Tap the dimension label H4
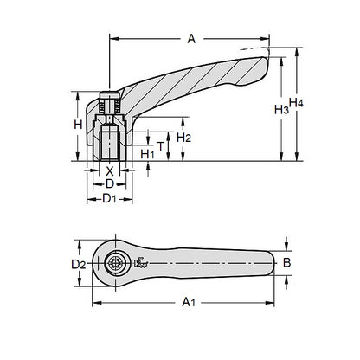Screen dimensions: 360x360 pos(296,105)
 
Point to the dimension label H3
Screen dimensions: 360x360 pos(279,110)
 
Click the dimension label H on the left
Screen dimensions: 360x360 pos(77,125)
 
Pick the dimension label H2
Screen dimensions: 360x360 pos(183,137)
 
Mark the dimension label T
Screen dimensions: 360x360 pos(160,145)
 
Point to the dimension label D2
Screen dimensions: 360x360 pos(77,263)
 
